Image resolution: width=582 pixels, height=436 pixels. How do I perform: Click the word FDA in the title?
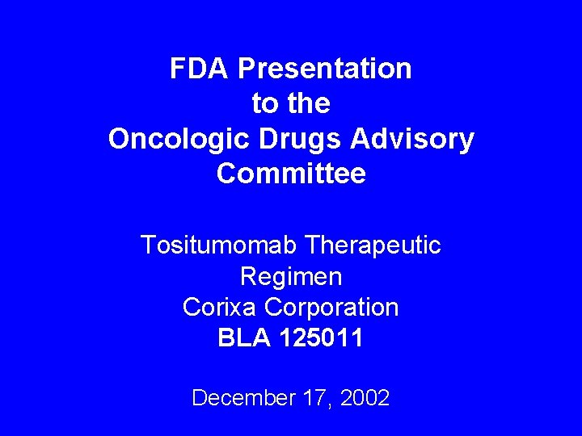pos(200,69)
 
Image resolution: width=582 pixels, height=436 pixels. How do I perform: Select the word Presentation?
pos(324,69)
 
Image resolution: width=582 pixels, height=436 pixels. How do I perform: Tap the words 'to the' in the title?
pos(291,104)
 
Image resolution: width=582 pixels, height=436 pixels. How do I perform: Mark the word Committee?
pos(291,174)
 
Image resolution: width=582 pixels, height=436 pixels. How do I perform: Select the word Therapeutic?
pos(374,245)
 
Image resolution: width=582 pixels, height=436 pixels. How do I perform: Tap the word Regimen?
pos(291,277)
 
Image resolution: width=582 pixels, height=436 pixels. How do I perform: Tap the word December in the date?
pos(241,398)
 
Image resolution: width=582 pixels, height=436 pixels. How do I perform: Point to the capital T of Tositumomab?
pos(148,245)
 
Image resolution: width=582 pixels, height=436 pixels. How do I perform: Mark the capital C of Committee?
pos(227,174)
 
